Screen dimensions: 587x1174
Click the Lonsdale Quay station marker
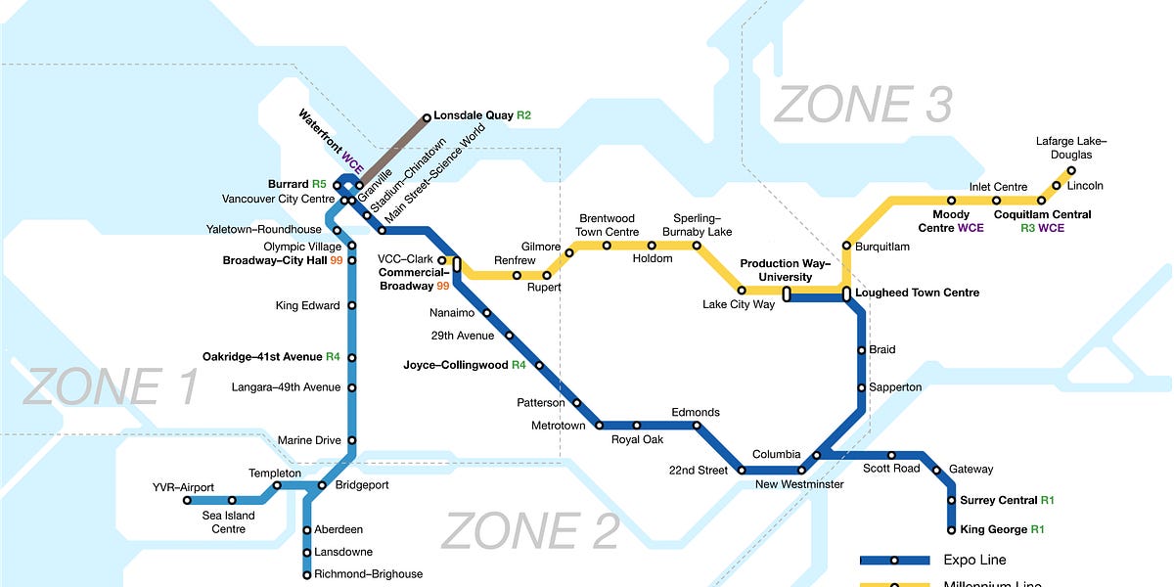(427, 118)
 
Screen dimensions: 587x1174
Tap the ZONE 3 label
(862, 105)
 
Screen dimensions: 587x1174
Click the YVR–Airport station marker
(188, 500)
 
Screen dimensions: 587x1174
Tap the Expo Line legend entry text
(974, 560)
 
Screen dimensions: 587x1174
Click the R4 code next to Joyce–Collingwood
(519, 365)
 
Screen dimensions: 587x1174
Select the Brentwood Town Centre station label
(608, 225)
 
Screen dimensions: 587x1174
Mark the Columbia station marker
(816, 455)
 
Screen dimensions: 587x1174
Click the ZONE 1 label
(110, 386)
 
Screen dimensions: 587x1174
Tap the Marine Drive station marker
(352, 440)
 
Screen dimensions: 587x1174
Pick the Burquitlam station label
(881, 247)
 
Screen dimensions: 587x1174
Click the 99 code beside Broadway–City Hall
(337, 261)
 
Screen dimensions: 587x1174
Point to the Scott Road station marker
(891, 455)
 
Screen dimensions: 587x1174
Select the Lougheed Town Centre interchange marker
(847, 293)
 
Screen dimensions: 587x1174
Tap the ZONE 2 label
(529, 531)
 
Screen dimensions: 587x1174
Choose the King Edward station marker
(352, 305)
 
